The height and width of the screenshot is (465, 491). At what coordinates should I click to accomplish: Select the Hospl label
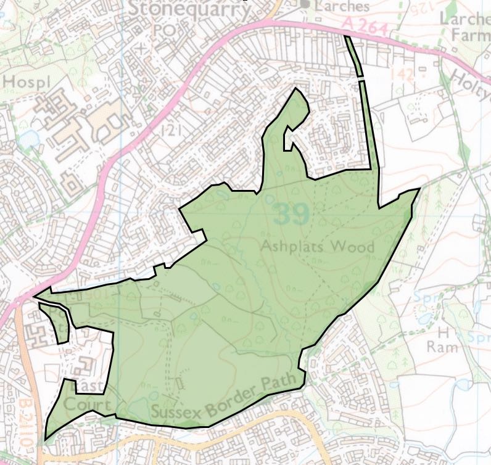point(20,81)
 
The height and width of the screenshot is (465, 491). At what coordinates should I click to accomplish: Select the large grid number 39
point(291,214)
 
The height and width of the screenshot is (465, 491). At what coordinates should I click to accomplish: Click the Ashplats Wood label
point(317,247)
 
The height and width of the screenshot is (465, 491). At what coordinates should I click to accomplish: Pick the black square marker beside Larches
point(303,4)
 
